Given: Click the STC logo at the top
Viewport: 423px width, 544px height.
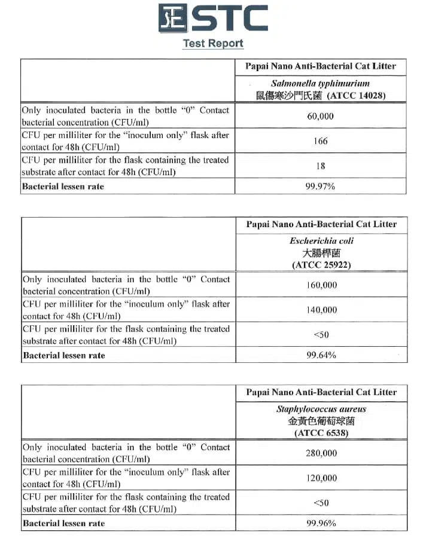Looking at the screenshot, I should click(212, 18).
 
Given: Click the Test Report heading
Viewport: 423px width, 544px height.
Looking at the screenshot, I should click(213, 44).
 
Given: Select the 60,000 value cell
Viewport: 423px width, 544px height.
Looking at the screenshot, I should click(321, 116).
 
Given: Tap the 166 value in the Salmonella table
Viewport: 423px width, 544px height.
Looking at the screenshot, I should click(321, 141).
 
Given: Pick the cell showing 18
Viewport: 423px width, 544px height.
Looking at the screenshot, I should click(321, 166).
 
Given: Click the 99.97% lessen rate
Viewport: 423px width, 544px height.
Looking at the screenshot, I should click(321, 187).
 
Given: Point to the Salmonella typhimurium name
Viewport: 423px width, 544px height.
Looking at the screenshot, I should click(321, 84).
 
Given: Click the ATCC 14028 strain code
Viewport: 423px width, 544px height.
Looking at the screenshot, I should click(357, 95).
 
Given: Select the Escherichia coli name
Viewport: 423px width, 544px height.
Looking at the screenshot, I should click(321, 241).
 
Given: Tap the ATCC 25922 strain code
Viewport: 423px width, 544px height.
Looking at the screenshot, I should click(321, 265).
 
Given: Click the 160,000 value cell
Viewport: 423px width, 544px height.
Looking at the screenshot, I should click(321, 285).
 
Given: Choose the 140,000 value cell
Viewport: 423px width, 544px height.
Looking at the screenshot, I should click(321, 310).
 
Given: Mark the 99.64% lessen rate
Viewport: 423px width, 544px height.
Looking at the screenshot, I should click(321, 355).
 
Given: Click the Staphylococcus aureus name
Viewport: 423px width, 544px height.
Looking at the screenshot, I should click(321, 409).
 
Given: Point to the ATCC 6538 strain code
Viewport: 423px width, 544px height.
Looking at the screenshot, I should click(321, 433).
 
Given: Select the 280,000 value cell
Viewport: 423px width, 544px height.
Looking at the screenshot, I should click(321, 453).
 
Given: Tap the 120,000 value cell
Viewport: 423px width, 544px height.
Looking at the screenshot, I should click(321, 478).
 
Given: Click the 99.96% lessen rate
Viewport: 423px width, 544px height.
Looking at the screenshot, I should click(321, 523).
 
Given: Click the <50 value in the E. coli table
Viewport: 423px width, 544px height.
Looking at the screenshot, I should click(321, 335).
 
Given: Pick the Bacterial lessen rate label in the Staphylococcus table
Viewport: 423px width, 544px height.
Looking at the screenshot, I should click(63, 523).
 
